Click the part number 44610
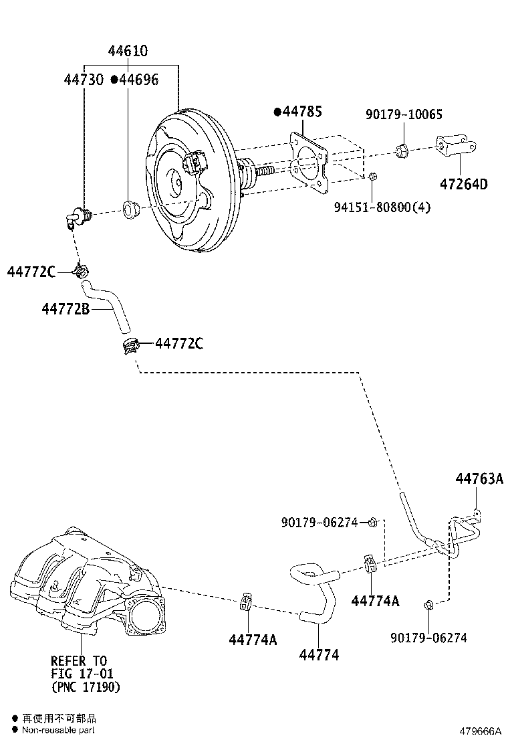click(128, 52)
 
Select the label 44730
click(84, 80)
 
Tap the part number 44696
click(138, 80)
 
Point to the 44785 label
click(301, 112)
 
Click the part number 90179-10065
click(404, 114)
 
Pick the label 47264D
click(463, 184)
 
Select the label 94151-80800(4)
click(382, 207)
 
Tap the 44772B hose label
click(66, 309)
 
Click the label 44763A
click(479, 478)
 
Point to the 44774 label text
click(319, 655)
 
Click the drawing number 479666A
click(479, 731)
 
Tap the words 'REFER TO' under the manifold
click(78, 661)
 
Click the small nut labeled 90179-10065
click(403, 150)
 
